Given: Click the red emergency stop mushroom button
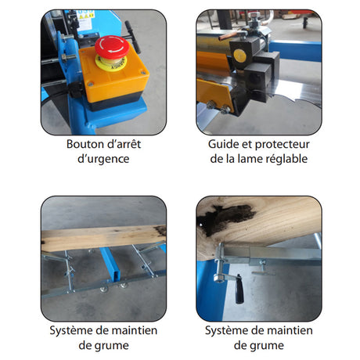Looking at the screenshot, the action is (x=112, y=47).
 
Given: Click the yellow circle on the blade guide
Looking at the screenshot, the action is (x=239, y=55).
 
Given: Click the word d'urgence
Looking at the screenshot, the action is (x=103, y=159).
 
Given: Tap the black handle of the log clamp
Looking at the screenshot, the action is (x=239, y=289).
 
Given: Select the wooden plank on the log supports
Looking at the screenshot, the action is (x=103, y=237).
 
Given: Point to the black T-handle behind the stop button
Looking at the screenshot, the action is (x=132, y=36).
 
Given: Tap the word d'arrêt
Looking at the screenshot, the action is (x=124, y=144).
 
